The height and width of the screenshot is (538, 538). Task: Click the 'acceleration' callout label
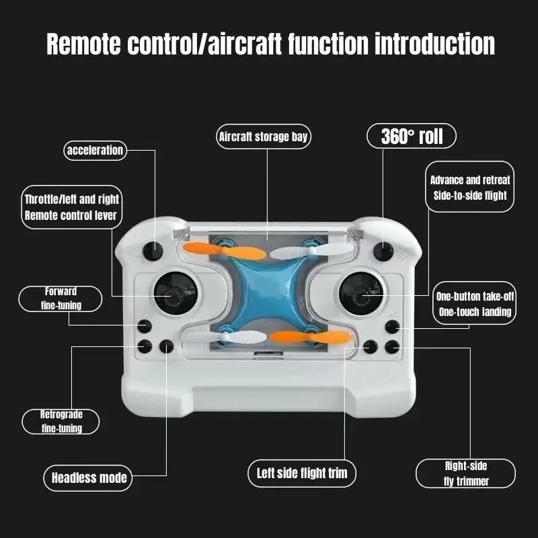pos(95,150)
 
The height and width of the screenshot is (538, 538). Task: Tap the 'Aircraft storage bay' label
pos(263,137)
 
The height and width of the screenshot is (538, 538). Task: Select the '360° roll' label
pos(412,136)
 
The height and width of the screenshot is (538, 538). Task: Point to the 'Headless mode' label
pos(88,477)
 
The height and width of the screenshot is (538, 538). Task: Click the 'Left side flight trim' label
pos(302,473)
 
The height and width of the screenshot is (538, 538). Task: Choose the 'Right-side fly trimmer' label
pos(465,473)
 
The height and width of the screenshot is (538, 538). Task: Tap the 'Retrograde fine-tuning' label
pos(61,422)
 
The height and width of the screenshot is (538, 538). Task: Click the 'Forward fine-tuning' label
pos(61,299)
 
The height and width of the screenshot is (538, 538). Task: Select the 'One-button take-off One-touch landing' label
pos(475,303)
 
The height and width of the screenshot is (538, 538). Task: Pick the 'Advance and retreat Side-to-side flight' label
pos(469,187)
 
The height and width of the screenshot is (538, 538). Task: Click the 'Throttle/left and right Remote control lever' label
pos(71,207)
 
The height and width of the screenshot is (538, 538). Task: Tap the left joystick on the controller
pos(175,293)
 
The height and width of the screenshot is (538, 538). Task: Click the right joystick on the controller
pos(361,294)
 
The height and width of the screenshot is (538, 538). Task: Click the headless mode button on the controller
pos(166,346)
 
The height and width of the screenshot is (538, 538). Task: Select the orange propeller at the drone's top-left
pos(224,250)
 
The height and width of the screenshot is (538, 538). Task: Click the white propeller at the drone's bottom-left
pos(225,338)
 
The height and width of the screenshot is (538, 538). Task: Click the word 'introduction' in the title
pos(434,44)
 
